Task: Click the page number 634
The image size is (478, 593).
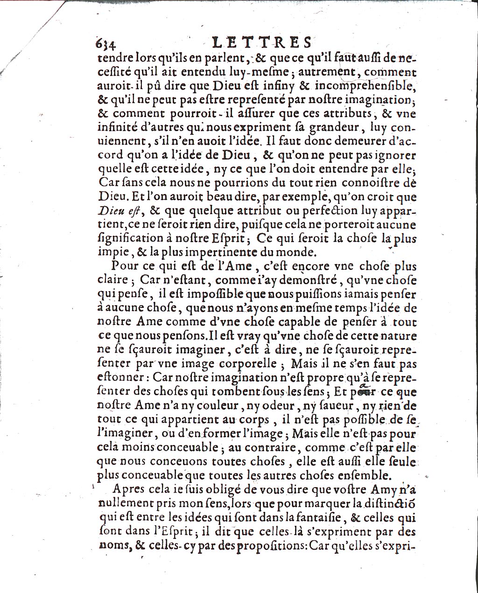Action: (x=105, y=43)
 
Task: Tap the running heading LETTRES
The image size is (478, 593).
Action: (x=261, y=42)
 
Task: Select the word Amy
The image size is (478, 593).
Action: (x=373, y=489)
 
